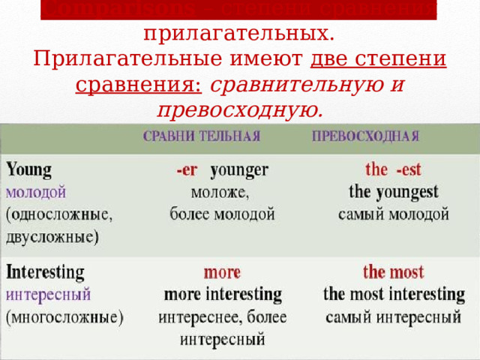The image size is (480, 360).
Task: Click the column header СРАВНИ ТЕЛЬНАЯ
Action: (x=202, y=136)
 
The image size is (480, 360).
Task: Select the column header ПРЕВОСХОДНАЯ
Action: (x=365, y=136)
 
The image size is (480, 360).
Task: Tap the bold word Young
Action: (x=29, y=169)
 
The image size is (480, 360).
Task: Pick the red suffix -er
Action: (x=187, y=170)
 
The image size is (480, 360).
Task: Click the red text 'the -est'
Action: (x=393, y=169)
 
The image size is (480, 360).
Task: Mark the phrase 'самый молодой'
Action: (x=394, y=214)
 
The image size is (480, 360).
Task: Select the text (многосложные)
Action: (x=64, y=317)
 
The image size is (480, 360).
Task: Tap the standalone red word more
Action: (x=222, y=271)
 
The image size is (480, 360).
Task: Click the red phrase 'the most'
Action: (x=393, y=271)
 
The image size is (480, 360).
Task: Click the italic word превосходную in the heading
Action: (x=240, y=110)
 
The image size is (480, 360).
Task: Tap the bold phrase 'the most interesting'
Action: (x=394, y=294)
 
